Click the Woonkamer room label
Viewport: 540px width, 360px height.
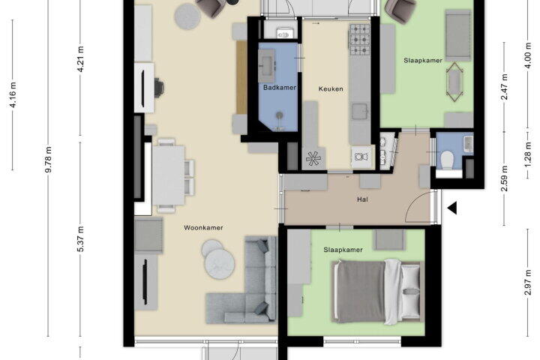pos(203,228)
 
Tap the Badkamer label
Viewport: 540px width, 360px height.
pos(280,88)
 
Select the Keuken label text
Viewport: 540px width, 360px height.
pos(331,89)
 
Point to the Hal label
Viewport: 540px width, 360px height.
pos(362,199)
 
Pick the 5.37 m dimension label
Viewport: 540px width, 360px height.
pos(80,239)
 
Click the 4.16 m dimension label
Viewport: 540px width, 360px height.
pos(13,94)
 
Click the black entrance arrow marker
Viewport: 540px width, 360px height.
pos(452,208)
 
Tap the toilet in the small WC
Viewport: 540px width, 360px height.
pos(447,160)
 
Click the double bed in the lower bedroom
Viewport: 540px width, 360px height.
pos(378,292)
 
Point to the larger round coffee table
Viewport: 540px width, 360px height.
pos(220,263)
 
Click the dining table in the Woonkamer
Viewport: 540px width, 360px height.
pos(169,175)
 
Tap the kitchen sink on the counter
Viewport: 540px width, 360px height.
pos(360,111)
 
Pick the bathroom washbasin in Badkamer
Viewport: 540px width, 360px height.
pos(266,65)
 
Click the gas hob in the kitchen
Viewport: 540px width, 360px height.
pos(360,40)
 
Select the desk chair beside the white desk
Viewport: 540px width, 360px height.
pos(159,88)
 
